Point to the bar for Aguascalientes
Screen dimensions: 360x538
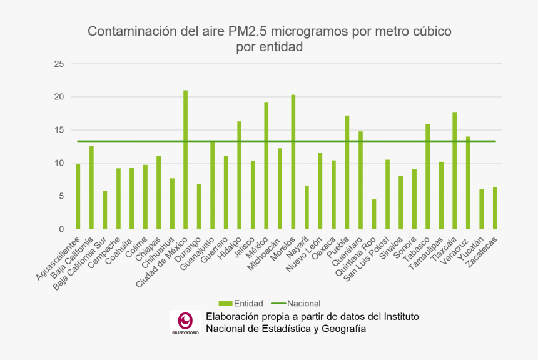[x=78, y=197]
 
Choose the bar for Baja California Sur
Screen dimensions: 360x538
[x=105, y=210]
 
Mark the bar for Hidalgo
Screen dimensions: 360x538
[x=240, y=175]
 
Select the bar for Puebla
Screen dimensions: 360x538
[x=347, y=172]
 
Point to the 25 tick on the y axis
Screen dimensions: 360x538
[x=59, y=64]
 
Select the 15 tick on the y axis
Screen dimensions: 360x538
[x=59, y=130]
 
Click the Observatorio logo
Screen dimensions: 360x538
[x=185, y=323]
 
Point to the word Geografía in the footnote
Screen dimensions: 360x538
[x=340, y=329]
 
